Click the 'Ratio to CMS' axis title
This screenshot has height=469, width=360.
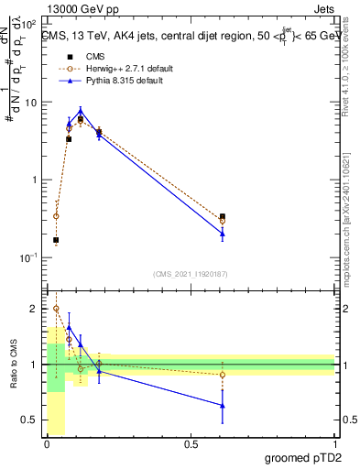[13, 365]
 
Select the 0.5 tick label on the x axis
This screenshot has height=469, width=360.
[191, 444]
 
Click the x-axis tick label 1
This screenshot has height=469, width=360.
[334, 444]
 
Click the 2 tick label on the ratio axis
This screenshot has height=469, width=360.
[33, 310]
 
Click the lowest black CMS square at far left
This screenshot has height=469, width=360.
[57, 240]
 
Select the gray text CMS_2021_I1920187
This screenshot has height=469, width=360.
[190, 273]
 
